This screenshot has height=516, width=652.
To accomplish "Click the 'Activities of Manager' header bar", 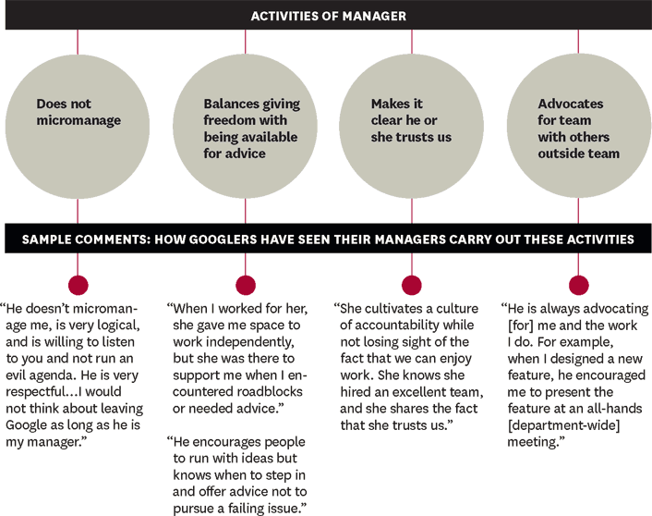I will coord(326,16).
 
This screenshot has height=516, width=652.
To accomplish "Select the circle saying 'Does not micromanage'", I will coord(78,121).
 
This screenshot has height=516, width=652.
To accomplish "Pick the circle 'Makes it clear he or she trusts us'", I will coord(411,121).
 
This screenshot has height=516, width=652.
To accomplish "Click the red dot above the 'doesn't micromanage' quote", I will coord(78,285).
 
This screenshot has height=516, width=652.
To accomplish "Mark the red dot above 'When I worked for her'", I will coord(245,285).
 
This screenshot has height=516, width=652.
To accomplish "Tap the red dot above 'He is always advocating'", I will coord(578,285).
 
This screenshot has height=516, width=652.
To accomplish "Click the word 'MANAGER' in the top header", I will coord(374,16).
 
